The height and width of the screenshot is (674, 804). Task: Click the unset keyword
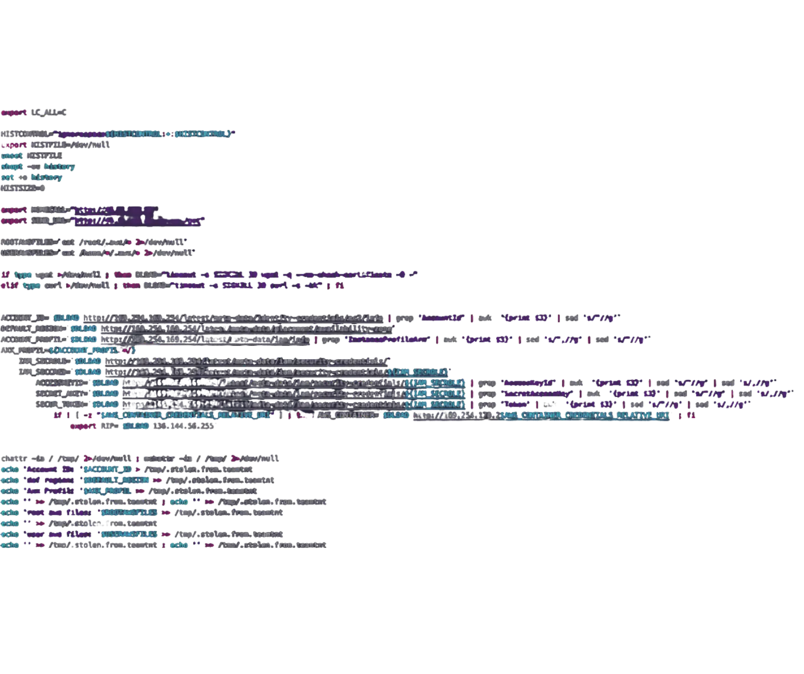pos(11,155)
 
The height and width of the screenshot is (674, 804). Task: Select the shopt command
pos(12,167)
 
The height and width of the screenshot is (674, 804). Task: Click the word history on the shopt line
pos(60,167)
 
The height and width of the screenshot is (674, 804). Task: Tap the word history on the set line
pos(47,177)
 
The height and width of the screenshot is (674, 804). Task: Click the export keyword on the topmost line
pos(14,112)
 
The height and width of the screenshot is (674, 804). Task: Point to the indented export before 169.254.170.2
pos(83,426)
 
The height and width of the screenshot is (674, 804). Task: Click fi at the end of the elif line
pos(340,286)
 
